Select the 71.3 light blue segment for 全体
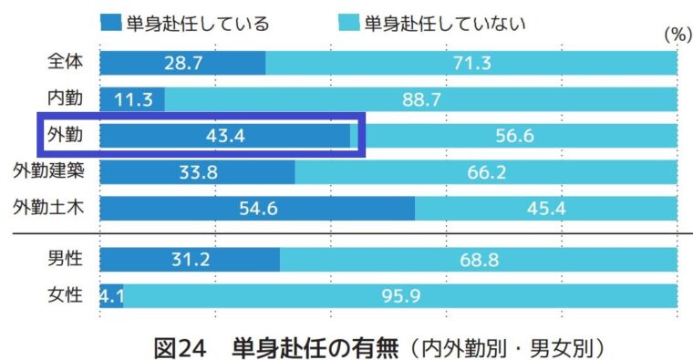point(471,63)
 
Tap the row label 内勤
point(65,98)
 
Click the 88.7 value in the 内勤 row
point(421,98)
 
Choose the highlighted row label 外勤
point(65,135)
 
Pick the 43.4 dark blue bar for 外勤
point(224,136)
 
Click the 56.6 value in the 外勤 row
point(515,136)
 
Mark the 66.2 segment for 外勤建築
point(486,172)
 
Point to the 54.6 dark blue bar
point(257,209)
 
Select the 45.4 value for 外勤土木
point(546,209)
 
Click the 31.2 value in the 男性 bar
point(190,260)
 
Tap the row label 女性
point(65,295)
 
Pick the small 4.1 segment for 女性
point(111,296)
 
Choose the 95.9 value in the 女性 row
point(399,296)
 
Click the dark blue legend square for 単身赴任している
point(111,22)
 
